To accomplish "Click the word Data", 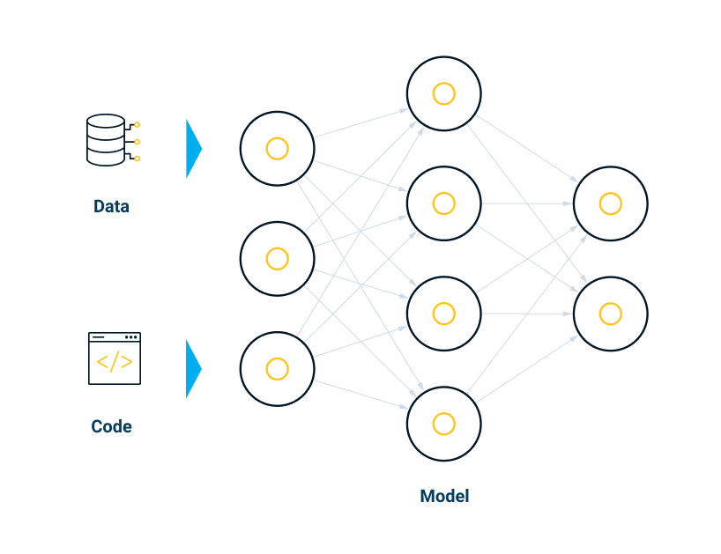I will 111,207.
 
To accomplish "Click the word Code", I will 111,427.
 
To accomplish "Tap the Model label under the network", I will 444,496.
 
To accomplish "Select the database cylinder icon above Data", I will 107,140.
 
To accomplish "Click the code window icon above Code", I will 115,358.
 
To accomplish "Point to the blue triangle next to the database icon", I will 193,149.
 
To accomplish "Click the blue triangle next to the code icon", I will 193,369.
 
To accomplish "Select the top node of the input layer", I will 278,149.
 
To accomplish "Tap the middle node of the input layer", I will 278,259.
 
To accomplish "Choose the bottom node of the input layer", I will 278,369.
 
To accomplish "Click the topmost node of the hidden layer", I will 443,93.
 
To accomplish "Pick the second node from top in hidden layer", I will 443,203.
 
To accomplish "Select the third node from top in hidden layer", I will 443,314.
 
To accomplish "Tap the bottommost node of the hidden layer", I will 443,424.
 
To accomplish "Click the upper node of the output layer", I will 610,203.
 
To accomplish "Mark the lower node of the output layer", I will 610,314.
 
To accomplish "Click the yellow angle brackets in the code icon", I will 115,363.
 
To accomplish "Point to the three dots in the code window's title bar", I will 131,337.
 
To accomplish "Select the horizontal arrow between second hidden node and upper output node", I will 527,203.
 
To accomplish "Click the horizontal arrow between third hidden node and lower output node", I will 527,314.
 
